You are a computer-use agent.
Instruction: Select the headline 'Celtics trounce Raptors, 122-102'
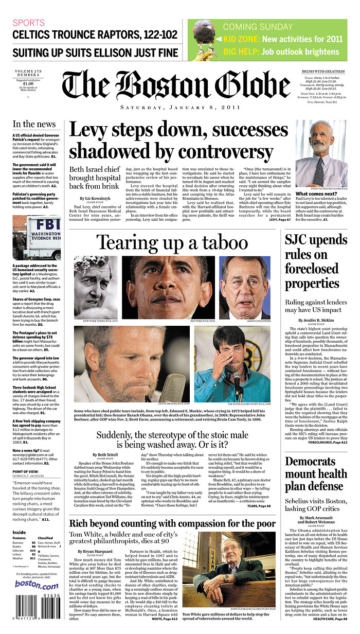pos(95,35)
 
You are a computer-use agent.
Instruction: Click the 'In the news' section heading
pos(34,124)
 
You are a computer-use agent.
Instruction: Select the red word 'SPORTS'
pos(28,23)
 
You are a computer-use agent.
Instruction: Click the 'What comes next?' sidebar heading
pos(316,194)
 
